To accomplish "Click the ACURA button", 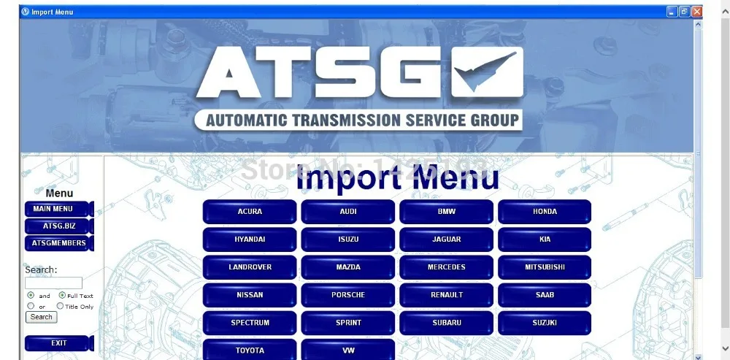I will pos(250,212).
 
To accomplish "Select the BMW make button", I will pos(446,212).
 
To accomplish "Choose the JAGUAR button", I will pos(446,240).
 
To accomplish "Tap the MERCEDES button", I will pos(446,267).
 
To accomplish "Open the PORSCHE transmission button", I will pos(347,295).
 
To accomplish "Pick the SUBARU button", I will pos(446,323).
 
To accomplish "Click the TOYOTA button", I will pos(250,350).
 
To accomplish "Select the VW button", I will pos(347,350).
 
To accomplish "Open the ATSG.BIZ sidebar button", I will pos(58,226).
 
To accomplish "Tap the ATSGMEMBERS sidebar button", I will pos(58,243).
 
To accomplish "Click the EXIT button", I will pos(58,343).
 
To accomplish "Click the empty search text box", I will pos(53,283).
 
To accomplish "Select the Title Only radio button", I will pos(61,307).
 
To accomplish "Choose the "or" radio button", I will pos(31,307).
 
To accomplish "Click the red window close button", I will pos(696,12).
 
